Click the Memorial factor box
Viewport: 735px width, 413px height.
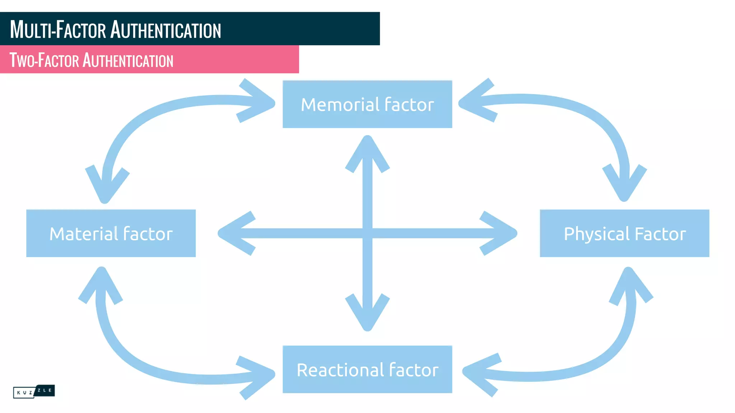click(367, 104)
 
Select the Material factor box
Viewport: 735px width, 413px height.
click(111, 233)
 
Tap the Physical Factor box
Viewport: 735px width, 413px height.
click(624, 233)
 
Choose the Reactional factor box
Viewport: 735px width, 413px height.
click(367, 369)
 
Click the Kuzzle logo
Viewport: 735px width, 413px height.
click(34, 391)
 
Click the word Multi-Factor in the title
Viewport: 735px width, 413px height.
click(58, 29)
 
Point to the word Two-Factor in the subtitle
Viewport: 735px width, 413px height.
click(44, 60)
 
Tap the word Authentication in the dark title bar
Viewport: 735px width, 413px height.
click(165, 29)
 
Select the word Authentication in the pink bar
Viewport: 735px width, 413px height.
click(128, 60)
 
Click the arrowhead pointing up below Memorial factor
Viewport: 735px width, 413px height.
click(367, 151)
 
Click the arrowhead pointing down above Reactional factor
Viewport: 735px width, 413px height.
click(367, 315)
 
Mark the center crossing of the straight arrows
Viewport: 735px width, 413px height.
click(367, 233)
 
